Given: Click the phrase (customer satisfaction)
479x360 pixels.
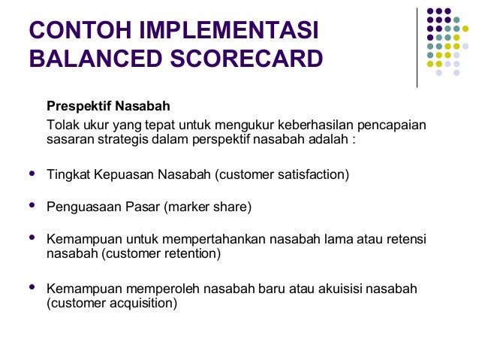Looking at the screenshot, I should click(282, 174).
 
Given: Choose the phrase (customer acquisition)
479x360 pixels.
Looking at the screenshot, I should click(112, 304).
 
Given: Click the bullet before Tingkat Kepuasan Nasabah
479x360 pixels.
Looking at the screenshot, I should click(32, 173).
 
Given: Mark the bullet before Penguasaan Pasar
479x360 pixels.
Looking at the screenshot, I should click(32, 204).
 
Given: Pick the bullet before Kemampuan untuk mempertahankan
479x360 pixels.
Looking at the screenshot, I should click(32, 237).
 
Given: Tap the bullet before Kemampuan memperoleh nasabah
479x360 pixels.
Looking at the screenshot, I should click(32, 287).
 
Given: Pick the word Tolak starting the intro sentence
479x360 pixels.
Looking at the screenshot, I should click(61, 123).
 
